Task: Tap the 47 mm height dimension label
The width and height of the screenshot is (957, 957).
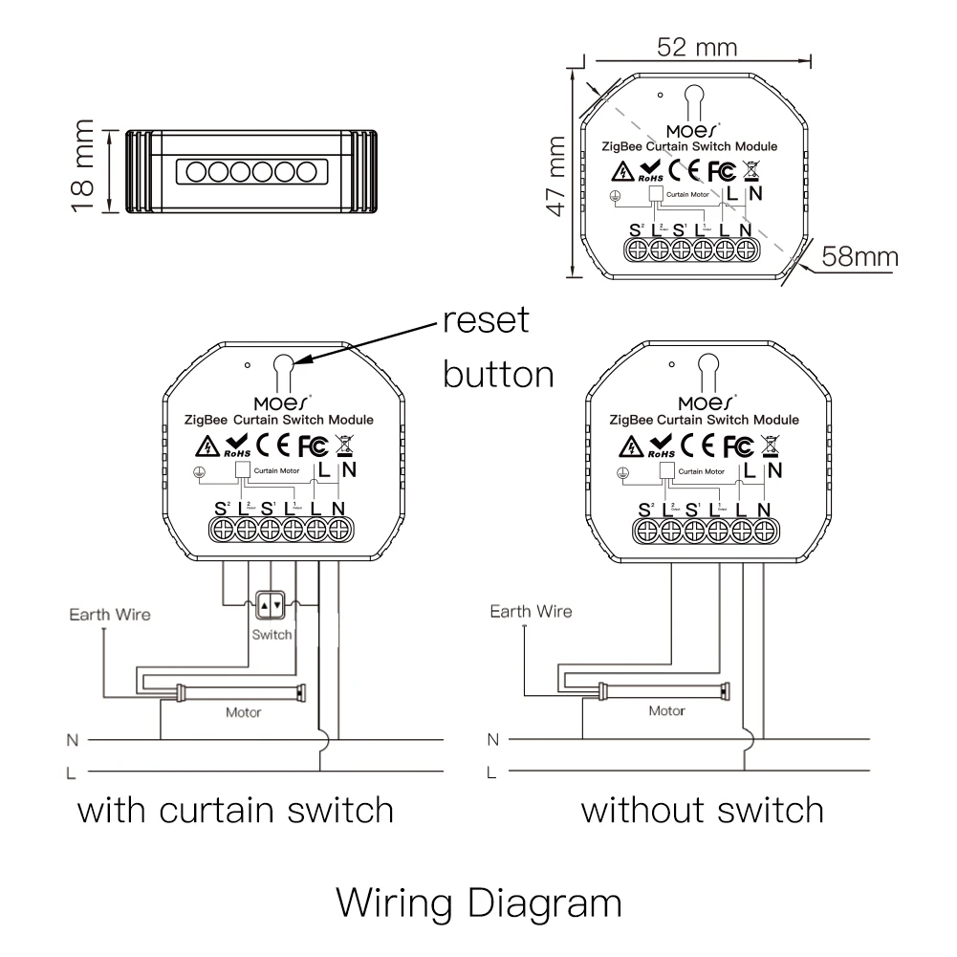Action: pyautogui.click(x=554, y=175)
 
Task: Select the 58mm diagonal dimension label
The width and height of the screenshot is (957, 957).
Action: pyautogui.click(x=859, y=257)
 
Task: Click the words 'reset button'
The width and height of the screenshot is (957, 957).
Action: pyautogui.click(x=497, y=346)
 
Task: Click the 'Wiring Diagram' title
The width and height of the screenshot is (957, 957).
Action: pyautogui.click(x=479, y=902)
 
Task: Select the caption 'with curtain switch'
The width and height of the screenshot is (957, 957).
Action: pyautogui.click(x=235, y=810)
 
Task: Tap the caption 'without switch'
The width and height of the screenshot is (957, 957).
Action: pyautogui.click(x=702, y=810)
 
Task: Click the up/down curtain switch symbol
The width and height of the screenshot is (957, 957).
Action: pyautogui.click(x=272, y=604)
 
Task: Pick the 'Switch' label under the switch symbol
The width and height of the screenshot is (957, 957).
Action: pyautogui.click(x=272, y=635)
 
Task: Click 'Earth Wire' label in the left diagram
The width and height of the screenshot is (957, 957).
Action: pyautogui.click(x=109, y=614)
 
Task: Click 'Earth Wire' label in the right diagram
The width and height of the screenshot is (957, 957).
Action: pyautogui.click(x=531, y=612)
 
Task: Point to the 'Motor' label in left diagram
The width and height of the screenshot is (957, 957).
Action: pyautogui.click(x=243, y=712)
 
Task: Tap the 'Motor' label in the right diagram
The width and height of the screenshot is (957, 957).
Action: pyautogui.click(x=666, y=711)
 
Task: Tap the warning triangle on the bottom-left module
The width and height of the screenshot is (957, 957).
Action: pyautogui.click(x=206, y=446)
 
